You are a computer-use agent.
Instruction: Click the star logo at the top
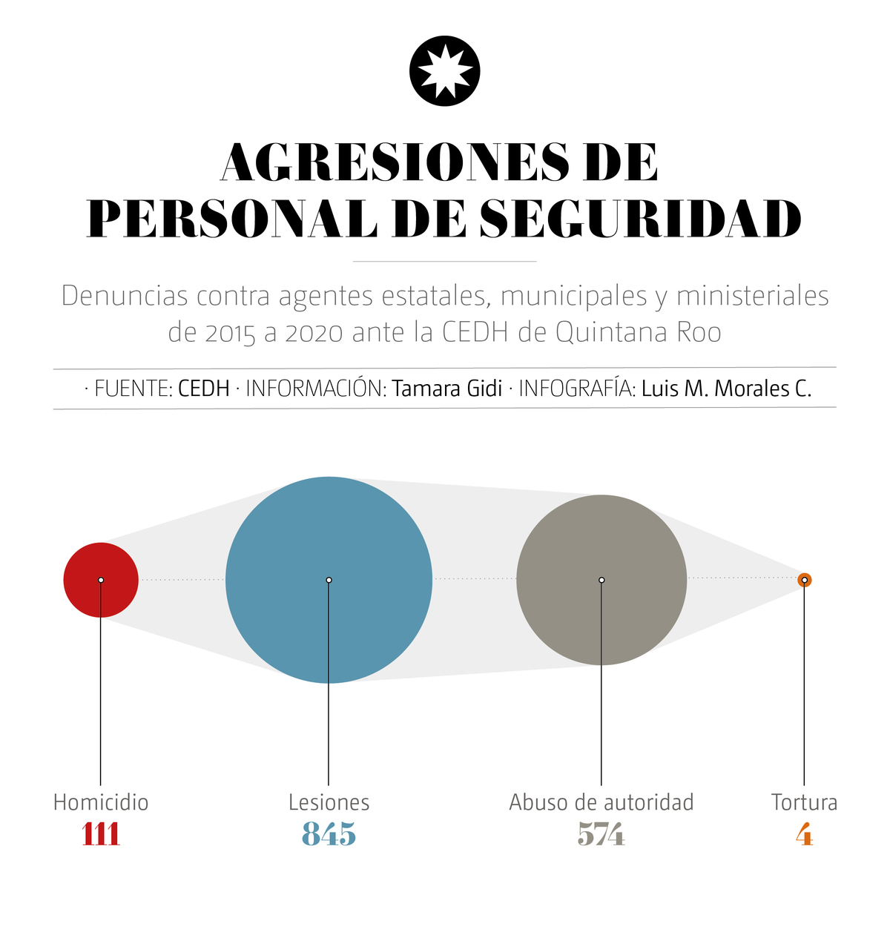click(x=445, y=71)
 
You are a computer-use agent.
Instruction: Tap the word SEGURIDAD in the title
click(x=640, y=218)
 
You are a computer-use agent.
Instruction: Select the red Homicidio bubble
click(x=101, y=580)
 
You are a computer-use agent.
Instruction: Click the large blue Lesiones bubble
click(x=329, y=580)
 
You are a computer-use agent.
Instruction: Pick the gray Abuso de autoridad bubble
click(x=601, y=580)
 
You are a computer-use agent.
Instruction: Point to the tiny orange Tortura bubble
click(x=804, y=580)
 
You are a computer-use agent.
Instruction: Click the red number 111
click(x=101, y=835)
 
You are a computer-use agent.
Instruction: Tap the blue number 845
click(x=329, y=835)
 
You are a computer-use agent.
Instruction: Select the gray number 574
click(x=601, y=835)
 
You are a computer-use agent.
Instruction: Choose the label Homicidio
click(x=101, y=802)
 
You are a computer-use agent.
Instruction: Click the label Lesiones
click(x=329, y=802)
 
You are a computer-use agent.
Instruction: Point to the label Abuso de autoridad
click(x=601, y=802)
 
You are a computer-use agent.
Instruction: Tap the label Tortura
click(x=804, y=802)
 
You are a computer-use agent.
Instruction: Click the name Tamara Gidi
click(x=447, y=389)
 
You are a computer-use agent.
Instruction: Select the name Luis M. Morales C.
click(x=726, y=389)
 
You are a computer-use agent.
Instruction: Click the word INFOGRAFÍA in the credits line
click(x=576, y=389)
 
